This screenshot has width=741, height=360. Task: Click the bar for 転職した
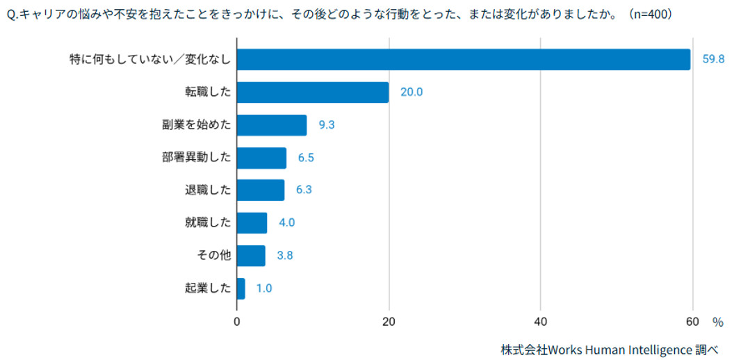313,92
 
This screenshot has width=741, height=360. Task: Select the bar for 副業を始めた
272,125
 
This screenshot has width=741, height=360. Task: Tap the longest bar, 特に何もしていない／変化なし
464,60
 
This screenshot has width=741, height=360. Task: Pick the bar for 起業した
241,288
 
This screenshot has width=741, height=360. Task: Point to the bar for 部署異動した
261,158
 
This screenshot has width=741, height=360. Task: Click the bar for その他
251,256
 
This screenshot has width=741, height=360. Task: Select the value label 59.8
713,60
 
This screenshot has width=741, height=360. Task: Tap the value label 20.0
412,92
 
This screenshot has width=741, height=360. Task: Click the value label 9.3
327,125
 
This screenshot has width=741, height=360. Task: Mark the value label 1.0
264,288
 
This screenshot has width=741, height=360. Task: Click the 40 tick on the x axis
541,322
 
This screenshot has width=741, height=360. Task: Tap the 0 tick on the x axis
237,322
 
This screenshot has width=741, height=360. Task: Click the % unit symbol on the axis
717,322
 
